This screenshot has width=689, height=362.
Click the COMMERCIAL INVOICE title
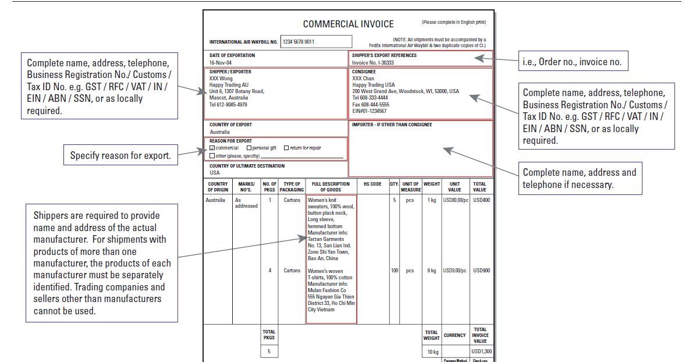click(x=348, y=24)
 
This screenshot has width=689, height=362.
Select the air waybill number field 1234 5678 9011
click(x=316, y=42)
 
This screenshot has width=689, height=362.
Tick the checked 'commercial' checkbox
click(x=212, y=148)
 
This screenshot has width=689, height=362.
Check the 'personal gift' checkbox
click(x=249, y=148)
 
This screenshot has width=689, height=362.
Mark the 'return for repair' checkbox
click(x=286, y=148)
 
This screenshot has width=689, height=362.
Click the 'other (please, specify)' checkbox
click(x=212, y=155)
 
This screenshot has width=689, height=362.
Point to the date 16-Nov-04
click(x=221, y=62)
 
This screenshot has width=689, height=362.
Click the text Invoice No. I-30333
click(x=373, y=63)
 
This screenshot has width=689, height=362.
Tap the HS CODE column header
click(x=372, y=184)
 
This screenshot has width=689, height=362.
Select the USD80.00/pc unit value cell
click(x=454, y=200)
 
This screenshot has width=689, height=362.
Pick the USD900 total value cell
click(x=481, y=271)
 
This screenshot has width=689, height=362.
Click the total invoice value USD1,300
click(x=481, y=352)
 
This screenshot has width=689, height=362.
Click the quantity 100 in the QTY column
click(x=395, y=271)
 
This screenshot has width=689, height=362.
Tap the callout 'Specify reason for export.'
click(x=120, y=155)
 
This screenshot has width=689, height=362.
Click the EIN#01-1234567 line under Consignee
click(x=369, y=111)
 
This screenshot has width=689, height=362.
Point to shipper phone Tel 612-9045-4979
click(x=228, y=105)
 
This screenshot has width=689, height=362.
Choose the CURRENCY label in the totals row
click(x=454, y=335)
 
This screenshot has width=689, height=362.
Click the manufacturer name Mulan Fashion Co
click(x=326, y=290)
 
